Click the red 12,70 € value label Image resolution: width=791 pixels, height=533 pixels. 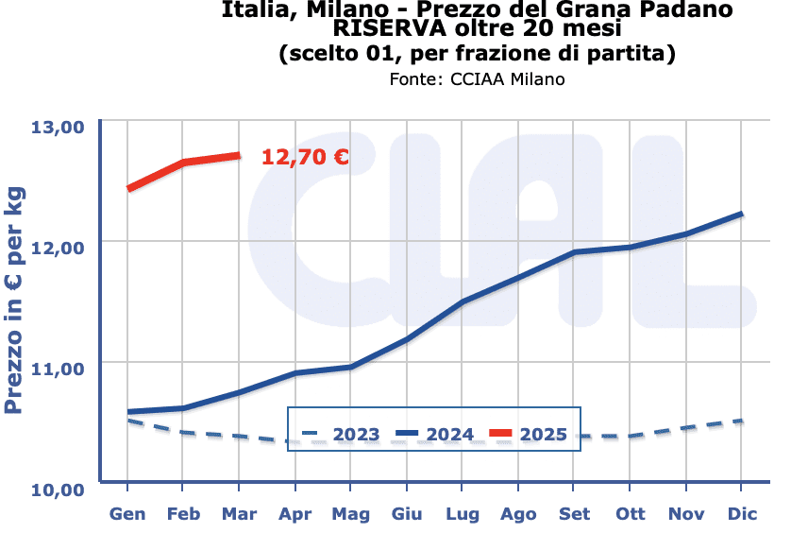305,157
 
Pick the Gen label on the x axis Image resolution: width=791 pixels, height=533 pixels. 127,514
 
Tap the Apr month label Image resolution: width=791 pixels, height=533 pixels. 295,514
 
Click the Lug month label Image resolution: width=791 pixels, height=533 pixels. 463,514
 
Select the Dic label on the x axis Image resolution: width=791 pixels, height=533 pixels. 742,514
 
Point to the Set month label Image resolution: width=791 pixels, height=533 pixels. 574,514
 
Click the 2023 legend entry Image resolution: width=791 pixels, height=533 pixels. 341,435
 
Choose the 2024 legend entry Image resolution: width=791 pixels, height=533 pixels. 435,435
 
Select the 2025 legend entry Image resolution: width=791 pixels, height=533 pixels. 529,435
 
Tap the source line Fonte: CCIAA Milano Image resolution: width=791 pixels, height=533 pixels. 477,79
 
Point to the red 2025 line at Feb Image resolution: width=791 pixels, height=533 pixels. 183,163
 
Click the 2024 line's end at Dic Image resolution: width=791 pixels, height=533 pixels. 742,214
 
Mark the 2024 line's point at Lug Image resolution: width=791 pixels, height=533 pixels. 463,301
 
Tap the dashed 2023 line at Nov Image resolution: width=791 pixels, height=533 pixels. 686,428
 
